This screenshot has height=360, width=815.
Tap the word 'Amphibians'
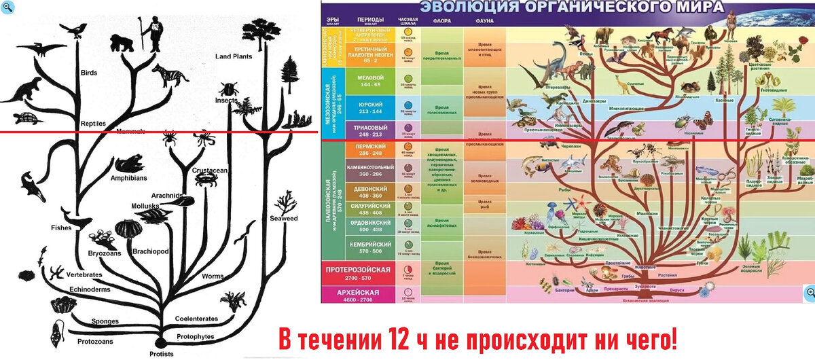(128, 178)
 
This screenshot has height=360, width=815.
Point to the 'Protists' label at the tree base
(161, 353)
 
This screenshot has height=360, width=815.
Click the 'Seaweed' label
(284, 219)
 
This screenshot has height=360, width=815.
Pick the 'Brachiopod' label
(150, 251)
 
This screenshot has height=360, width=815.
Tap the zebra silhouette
(170, 75)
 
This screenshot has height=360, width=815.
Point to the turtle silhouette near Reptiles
(29, 118)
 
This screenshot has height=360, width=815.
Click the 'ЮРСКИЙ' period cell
(370, 107)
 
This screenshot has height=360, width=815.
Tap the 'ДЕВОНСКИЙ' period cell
(370, 192)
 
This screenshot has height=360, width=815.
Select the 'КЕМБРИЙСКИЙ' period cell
(370, 247)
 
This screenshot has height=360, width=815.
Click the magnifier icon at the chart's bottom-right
(809, 292)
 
